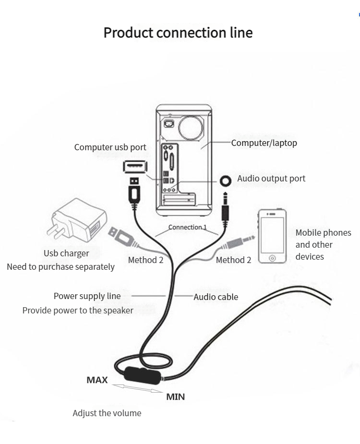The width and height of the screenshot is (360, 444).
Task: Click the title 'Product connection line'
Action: (178, 33)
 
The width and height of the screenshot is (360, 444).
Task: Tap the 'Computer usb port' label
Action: (110, 147)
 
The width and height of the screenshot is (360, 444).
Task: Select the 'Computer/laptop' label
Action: (264, 143)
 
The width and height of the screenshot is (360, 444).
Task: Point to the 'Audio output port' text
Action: (271, 179)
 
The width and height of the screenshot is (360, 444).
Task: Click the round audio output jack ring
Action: (225, 180)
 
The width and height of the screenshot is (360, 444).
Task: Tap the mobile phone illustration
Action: (272, 236)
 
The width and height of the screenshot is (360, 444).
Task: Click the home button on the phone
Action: (272, 258)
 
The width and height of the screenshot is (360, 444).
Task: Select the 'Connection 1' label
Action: (187, 227)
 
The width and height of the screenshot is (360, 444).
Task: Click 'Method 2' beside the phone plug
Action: (233, 260)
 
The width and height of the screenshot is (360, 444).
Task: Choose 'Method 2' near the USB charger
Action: (145, 260)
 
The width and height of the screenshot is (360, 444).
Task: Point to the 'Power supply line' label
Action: (87, 296)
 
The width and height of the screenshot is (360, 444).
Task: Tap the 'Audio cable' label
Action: (216, 297)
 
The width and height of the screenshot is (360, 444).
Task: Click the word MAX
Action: (97, 380)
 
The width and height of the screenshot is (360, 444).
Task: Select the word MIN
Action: (175, 397)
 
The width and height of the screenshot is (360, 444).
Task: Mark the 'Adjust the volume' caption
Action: (107, 413)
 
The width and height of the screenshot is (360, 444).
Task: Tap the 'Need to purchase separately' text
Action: (60, 267)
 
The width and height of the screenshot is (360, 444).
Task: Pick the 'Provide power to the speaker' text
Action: (78, 311)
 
